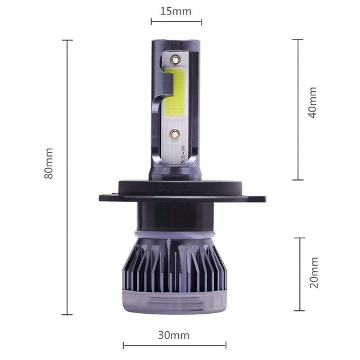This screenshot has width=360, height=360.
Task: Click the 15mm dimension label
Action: [176, 11]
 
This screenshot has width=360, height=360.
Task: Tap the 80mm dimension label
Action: [49, 163]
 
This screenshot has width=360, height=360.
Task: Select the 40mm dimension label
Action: [312, 103]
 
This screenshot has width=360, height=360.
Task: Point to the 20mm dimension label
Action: [313, 272]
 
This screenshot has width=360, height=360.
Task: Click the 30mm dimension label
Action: [175, 335]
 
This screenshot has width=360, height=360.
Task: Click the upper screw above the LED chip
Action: [175, 59]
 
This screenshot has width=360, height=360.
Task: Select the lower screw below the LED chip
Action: [174, 135]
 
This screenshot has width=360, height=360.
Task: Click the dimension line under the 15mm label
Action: [176, 22]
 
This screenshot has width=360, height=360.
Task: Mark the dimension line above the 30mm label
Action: [175, 345]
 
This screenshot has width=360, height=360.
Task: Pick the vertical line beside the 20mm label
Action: [299, 274]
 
